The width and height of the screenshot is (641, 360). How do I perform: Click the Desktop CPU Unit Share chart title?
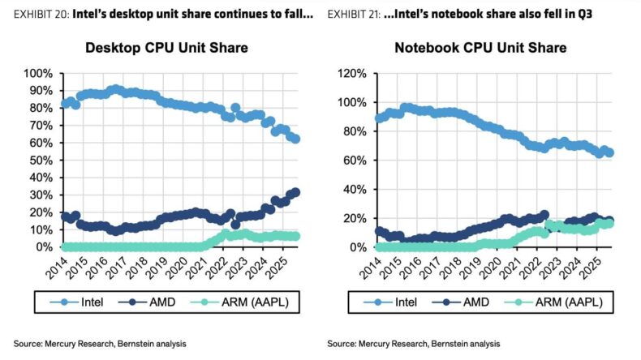pyautogui.click(x=166, y=49)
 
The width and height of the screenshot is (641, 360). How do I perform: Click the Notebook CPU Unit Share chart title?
pyautogui.click(x=480, y=49)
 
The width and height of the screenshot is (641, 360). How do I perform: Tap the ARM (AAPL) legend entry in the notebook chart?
pyautogui.click(x=558, y=302)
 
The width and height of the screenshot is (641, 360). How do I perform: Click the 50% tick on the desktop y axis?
pyautogui.click(x=41, y=161)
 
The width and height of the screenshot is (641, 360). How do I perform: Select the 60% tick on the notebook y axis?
pyautogui.click(x=354, y=161)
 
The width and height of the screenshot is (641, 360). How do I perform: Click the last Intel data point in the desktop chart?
pyautogui.click(x=296, y=139)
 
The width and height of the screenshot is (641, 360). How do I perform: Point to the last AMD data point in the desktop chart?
pyautogui.click(x=296, y=192)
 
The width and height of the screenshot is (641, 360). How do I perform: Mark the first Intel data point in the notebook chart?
pyautogui.click(x=377, y=118)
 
